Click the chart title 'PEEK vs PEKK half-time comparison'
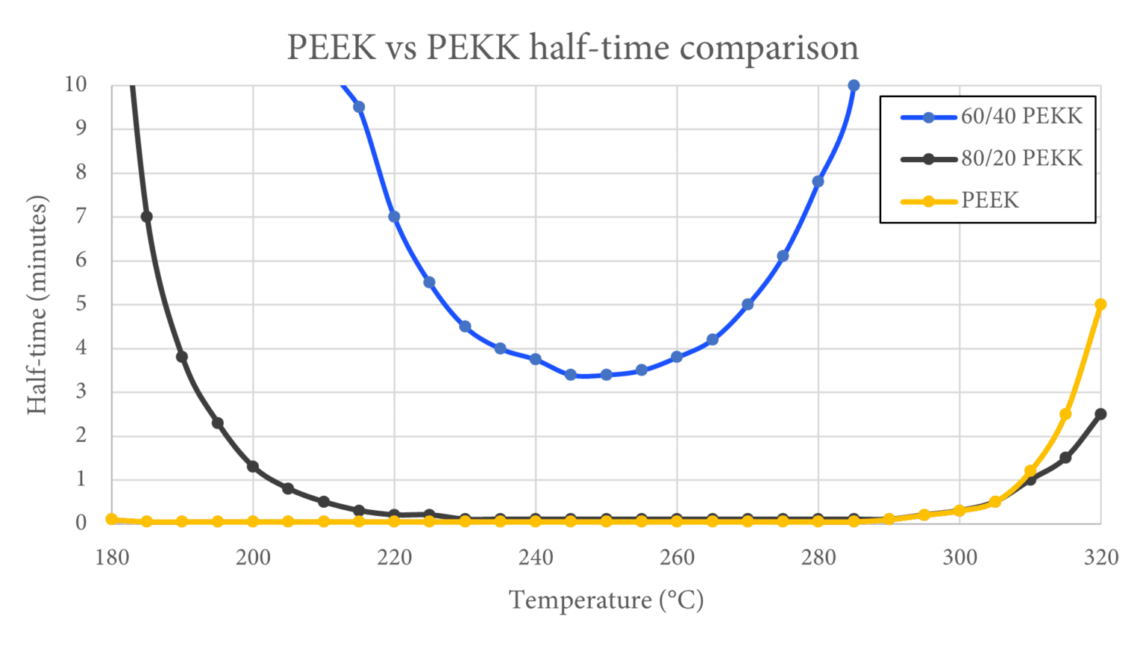click(x=572, y=48)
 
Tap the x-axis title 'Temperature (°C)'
click(x=606, y=600)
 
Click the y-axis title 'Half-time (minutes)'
click(x=37, y=305)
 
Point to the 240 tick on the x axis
click(x=536, y=557)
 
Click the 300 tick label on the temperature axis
click(x=959, y=557)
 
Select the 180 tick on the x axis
click(x=112, y=557)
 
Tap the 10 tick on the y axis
click(x=75, y=84)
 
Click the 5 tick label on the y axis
click(x=81, y=304)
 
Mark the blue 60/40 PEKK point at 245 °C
click(x=571, y=375)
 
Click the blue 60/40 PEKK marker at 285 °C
click(x=854, y=86)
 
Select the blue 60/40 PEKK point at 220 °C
click(x=394, y=217)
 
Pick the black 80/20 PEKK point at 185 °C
click(x=147, y=217)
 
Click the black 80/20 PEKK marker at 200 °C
click(x=253, y=467)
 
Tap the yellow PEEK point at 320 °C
click(x=1100, y=305)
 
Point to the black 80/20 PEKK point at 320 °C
click(x=1100, y=414)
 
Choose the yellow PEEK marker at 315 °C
click(x=1065, y=414)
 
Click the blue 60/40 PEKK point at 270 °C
click(x=748, y=305)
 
